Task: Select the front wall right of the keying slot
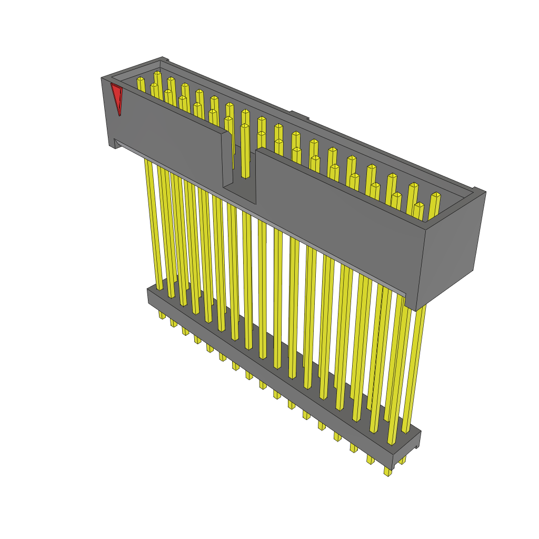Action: pyautogui.click(x=337, y=211)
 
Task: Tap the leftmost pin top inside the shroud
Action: pyautogui.click(x=141, y=83)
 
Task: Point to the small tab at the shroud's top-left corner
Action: pyautogui.click(x=164, y=59)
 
